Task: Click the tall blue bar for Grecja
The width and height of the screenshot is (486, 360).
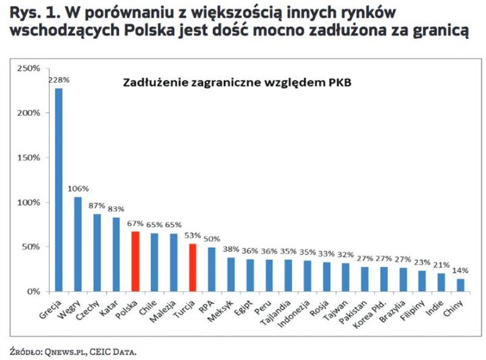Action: pyautogui.click(x=59, y=189)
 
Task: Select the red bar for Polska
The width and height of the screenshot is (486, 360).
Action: pyautogui.click(x=135, y=261)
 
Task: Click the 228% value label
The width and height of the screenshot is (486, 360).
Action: pyautogui.click(x=59, y=80)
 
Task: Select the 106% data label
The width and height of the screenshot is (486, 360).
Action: pyautogui.click(x=78, y=188)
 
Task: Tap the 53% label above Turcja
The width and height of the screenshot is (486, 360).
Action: pyautogui.click(x=192, y=236)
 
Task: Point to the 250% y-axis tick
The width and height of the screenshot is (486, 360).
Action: pyautogui.click(x=29, y=68)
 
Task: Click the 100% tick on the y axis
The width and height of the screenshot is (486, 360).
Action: pyautogui.click(x=29, y=202)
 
